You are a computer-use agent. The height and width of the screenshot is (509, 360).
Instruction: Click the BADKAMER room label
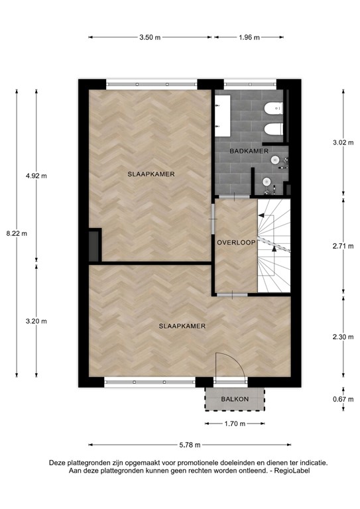[249, 152]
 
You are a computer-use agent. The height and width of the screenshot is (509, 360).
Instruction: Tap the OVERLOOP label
[236, 243]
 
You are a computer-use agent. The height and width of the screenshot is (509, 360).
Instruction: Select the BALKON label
[235, 399]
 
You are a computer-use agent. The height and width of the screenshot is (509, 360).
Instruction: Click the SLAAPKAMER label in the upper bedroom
[151, 174]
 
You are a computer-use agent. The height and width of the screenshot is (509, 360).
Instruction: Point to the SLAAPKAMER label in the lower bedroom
[182, 326]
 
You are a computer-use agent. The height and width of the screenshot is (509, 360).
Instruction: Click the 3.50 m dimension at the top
[150, 38]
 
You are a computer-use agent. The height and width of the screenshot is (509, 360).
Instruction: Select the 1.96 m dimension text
[249, 38]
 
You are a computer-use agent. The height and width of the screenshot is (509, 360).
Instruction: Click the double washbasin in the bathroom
[222, 112]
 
